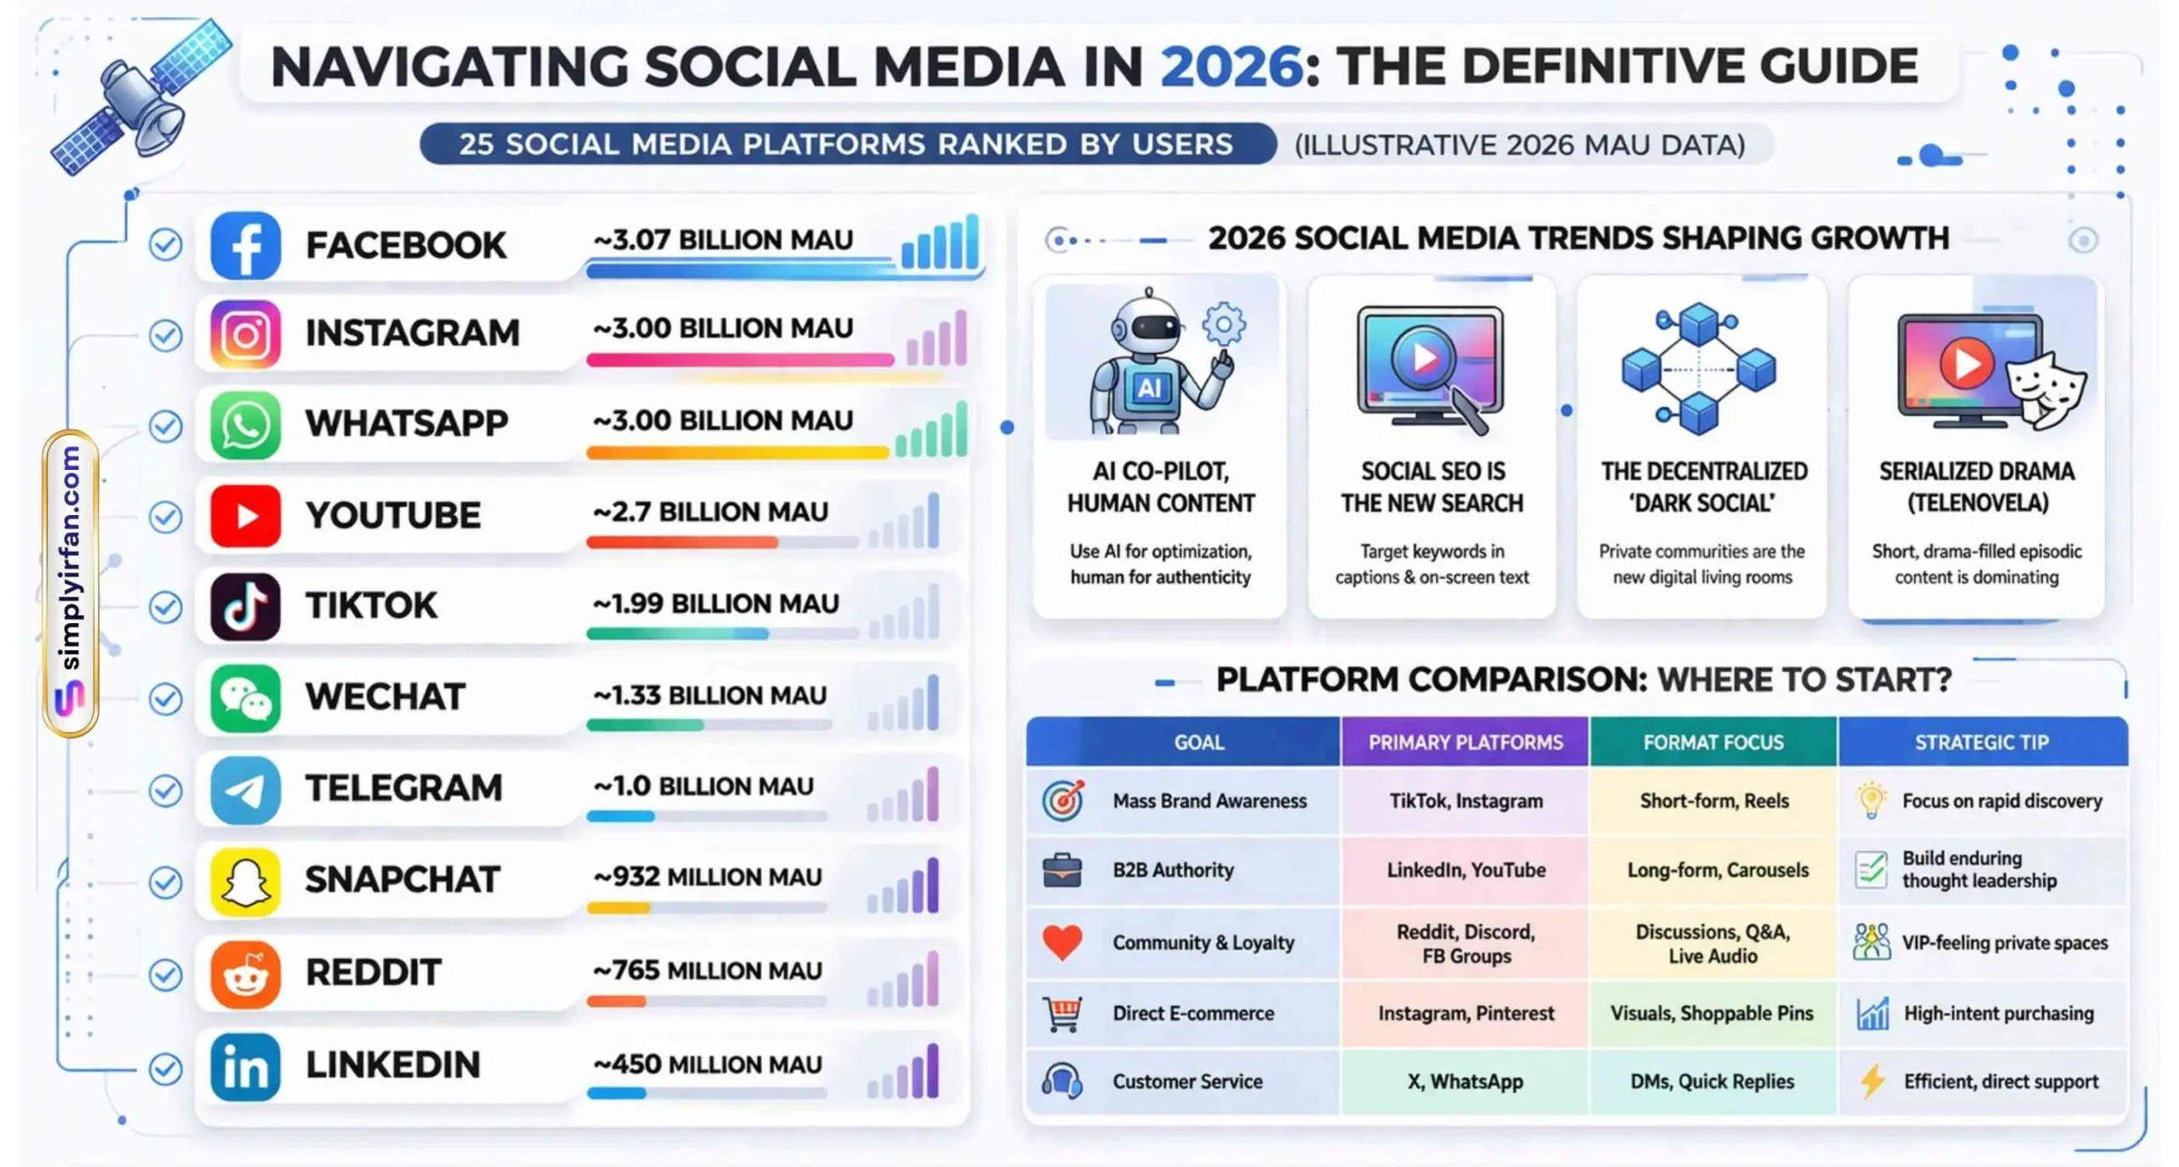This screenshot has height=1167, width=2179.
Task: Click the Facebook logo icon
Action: pos(245,245)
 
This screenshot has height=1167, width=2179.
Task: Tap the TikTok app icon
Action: pos(245,606)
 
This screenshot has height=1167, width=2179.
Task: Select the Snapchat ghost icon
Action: pos(245,881)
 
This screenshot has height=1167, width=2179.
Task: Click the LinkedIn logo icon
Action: pos(245,1067)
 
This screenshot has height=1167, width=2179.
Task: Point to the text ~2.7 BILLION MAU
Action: pos(710,512)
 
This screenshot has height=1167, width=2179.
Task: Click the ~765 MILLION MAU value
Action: pos(707,970)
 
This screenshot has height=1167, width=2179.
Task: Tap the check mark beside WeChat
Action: pos(165,698)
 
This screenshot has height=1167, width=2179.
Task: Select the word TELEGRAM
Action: pos(403,787)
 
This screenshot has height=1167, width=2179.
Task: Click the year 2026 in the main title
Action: pos(1231,66)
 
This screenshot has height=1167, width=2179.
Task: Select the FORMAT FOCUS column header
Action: pos(1713,741)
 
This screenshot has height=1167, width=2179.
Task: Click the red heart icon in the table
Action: pos(1061,941)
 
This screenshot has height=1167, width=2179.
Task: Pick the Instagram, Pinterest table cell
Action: pos(1465,1013)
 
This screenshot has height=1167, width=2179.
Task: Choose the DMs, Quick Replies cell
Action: pos(1712,1081)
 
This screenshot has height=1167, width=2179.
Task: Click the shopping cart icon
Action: pos(1061,1013)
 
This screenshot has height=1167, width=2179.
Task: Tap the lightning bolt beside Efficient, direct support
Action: pos(1871,1081)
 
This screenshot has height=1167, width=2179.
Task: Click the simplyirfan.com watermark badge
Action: pos(71,583)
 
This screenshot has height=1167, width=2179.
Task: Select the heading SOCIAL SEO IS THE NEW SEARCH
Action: pos(1432,487)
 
